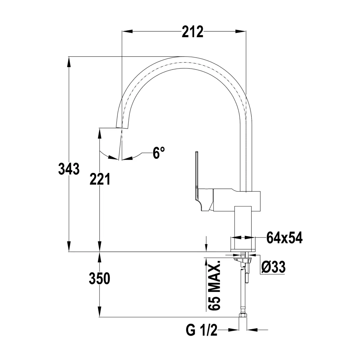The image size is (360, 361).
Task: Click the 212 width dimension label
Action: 192,32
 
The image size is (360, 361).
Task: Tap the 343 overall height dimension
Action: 69,169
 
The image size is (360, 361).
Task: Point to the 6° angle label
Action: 159,153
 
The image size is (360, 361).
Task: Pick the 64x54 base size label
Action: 284,238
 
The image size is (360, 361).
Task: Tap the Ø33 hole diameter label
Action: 274,267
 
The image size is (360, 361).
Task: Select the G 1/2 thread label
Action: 201,330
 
